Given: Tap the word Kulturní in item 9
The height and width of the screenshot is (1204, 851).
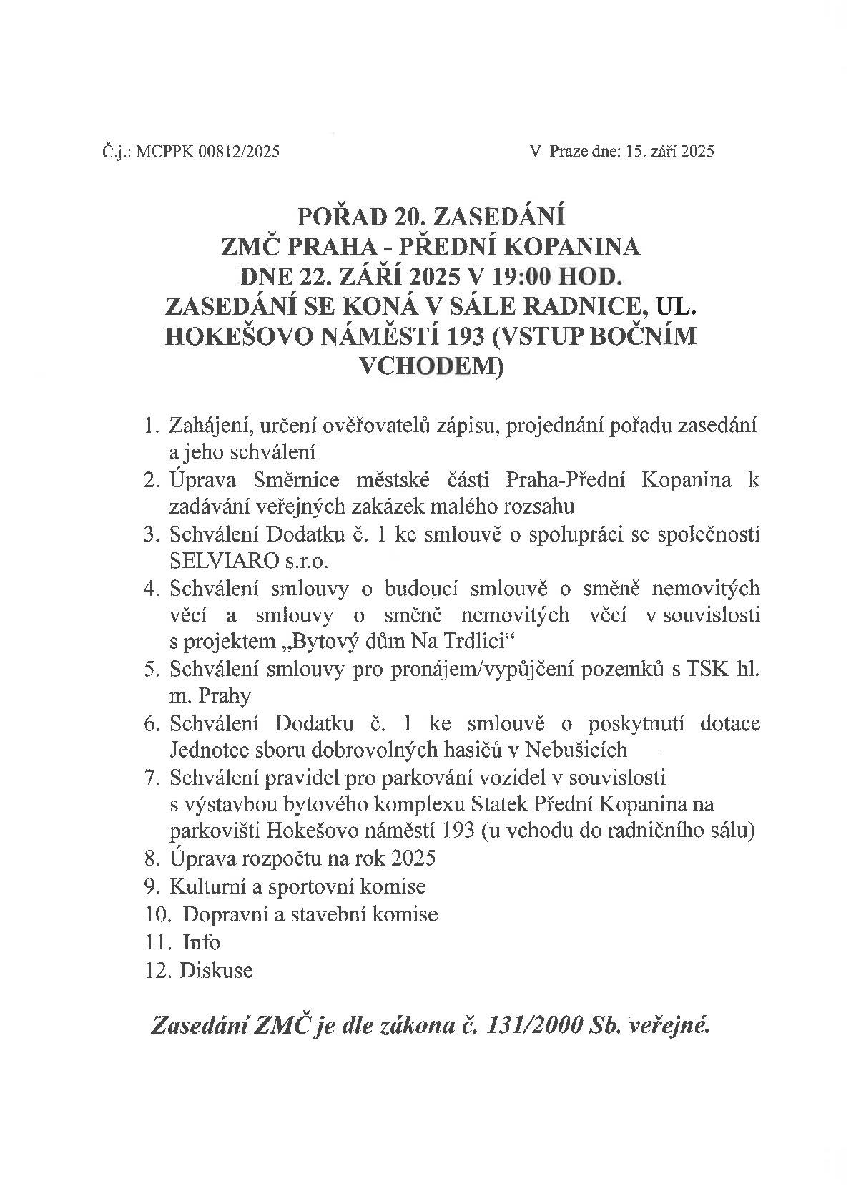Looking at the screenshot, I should coord(202,886).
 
